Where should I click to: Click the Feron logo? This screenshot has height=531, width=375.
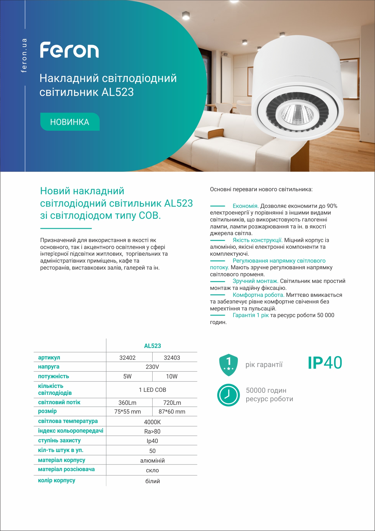(69, 50)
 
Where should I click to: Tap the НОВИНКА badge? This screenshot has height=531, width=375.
(70, 122)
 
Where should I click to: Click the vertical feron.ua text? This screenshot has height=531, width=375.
(24, 55)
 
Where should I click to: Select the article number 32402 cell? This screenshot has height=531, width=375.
(128, 358)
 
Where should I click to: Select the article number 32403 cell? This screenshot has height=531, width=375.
(172, 358)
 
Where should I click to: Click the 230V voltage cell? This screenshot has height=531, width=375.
(152, 367)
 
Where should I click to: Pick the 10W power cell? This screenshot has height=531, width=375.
(172, 376)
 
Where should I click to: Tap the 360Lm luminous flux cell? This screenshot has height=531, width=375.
(128, 403)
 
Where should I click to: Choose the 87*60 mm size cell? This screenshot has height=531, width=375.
(172, 411)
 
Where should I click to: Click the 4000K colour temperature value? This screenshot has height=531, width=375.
(152, 422)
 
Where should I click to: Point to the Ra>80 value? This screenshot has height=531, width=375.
(152, 431)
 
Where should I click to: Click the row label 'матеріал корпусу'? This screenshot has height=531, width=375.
(62, 460)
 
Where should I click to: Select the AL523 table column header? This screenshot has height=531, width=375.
(152, 346)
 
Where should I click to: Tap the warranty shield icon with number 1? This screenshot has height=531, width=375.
(228, 365)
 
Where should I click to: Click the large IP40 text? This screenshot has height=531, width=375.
(325, 363)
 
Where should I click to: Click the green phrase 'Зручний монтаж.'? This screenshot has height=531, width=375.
(255, 281)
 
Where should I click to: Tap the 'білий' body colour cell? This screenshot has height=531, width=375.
(152, 481)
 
